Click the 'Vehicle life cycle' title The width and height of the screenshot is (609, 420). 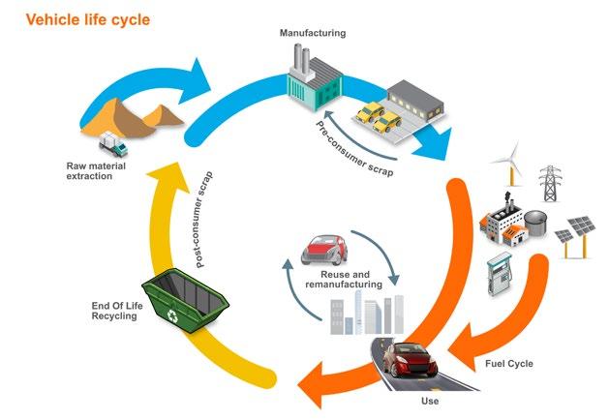pos(88,19)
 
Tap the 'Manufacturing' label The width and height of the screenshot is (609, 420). pos(313,33)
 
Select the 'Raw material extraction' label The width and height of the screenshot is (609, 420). pos(96,170)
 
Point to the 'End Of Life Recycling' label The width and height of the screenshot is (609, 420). pos(117,311)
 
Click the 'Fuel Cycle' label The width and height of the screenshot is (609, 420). pos(509,364)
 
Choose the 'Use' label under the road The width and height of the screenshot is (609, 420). pos(430,401)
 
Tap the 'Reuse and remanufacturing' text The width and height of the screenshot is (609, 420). pos(344,280)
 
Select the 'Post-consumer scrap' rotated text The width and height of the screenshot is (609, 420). pos(203,220)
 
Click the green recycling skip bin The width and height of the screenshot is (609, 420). pos(185,300)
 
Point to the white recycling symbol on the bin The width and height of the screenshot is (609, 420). pos(171,315)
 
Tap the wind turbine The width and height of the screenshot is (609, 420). pos(511,164)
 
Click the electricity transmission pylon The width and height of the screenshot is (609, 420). pos(550,183)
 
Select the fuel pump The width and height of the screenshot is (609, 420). pos(500,274)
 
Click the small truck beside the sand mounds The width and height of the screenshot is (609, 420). pos(112,143)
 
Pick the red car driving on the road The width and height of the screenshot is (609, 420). pos(411,359)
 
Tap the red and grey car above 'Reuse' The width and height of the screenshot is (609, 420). pos(324,251)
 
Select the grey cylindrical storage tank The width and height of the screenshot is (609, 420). pos(535,223)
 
